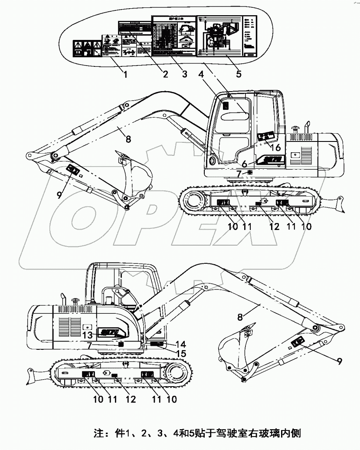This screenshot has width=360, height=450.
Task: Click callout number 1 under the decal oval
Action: (125, 74)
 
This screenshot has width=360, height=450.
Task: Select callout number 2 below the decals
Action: (165, 74)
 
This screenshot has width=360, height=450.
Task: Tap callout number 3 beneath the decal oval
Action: (185, 74)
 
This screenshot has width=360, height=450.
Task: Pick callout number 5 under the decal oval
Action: (239, 74)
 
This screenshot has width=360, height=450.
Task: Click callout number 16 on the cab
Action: (275, 148)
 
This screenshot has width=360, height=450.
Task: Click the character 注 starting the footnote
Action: (98, 433)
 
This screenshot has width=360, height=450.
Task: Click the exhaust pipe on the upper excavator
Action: (309, 127)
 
